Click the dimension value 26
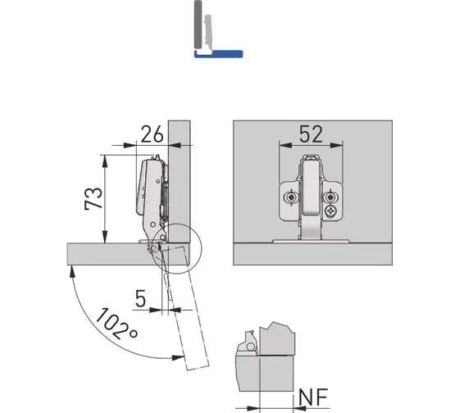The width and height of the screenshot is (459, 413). pos(152,134)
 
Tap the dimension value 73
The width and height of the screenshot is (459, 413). pos(93,198)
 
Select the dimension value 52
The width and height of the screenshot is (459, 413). pos(311,134)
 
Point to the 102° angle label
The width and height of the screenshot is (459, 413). pos(116,323)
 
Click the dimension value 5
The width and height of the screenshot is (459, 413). pos(141,298)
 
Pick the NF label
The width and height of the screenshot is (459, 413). pos(313,397)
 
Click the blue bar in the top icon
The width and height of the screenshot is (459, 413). pos(218,54)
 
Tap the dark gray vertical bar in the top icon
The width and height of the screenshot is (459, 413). pos(198,25)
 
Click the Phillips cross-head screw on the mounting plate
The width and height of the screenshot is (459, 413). pos(331,211)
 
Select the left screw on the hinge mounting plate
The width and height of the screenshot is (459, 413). pos(291,197)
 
